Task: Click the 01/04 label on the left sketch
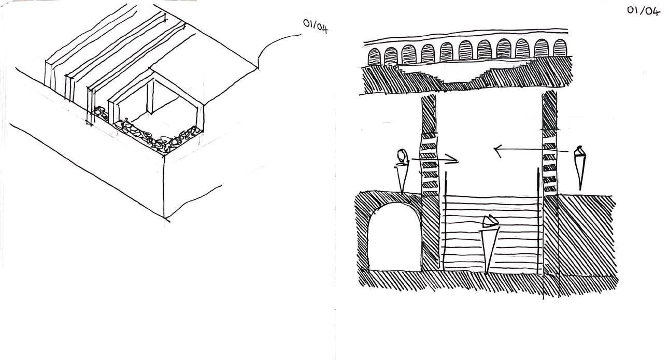pyautogui.click(x=316, y=26)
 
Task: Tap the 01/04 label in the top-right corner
pyautogui.click(x=643, y=10)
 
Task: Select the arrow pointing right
pyautogui.click(x=435, y=159)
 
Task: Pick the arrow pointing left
pyautogui.click(x=518, y=151)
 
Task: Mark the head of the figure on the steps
pyautogui.click(x=490, y=222)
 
